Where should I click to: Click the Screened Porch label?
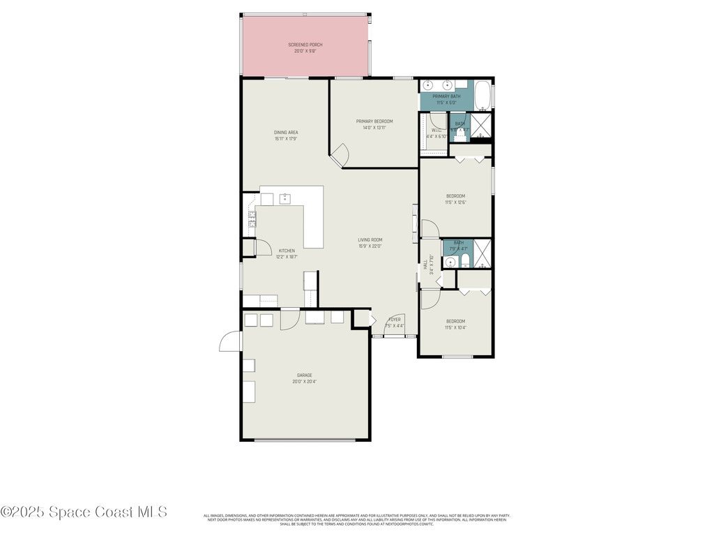click(x=305, y=45)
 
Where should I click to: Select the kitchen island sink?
click(x=285, y=198)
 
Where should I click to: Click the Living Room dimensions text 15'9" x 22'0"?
click(x=370, y=246)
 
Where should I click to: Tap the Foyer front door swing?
click(x=393, y=324)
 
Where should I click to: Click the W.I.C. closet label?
click(x=435, y=130)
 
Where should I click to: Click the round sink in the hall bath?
click(x=450, y=262)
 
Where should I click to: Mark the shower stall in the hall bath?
click(x=483, y=253)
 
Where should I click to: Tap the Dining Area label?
click(x=286, y=133)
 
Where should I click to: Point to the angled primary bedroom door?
click(x=340, y=155)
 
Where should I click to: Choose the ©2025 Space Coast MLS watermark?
click(x=84, y=512)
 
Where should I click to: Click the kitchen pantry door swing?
click(x=263, y=247)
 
